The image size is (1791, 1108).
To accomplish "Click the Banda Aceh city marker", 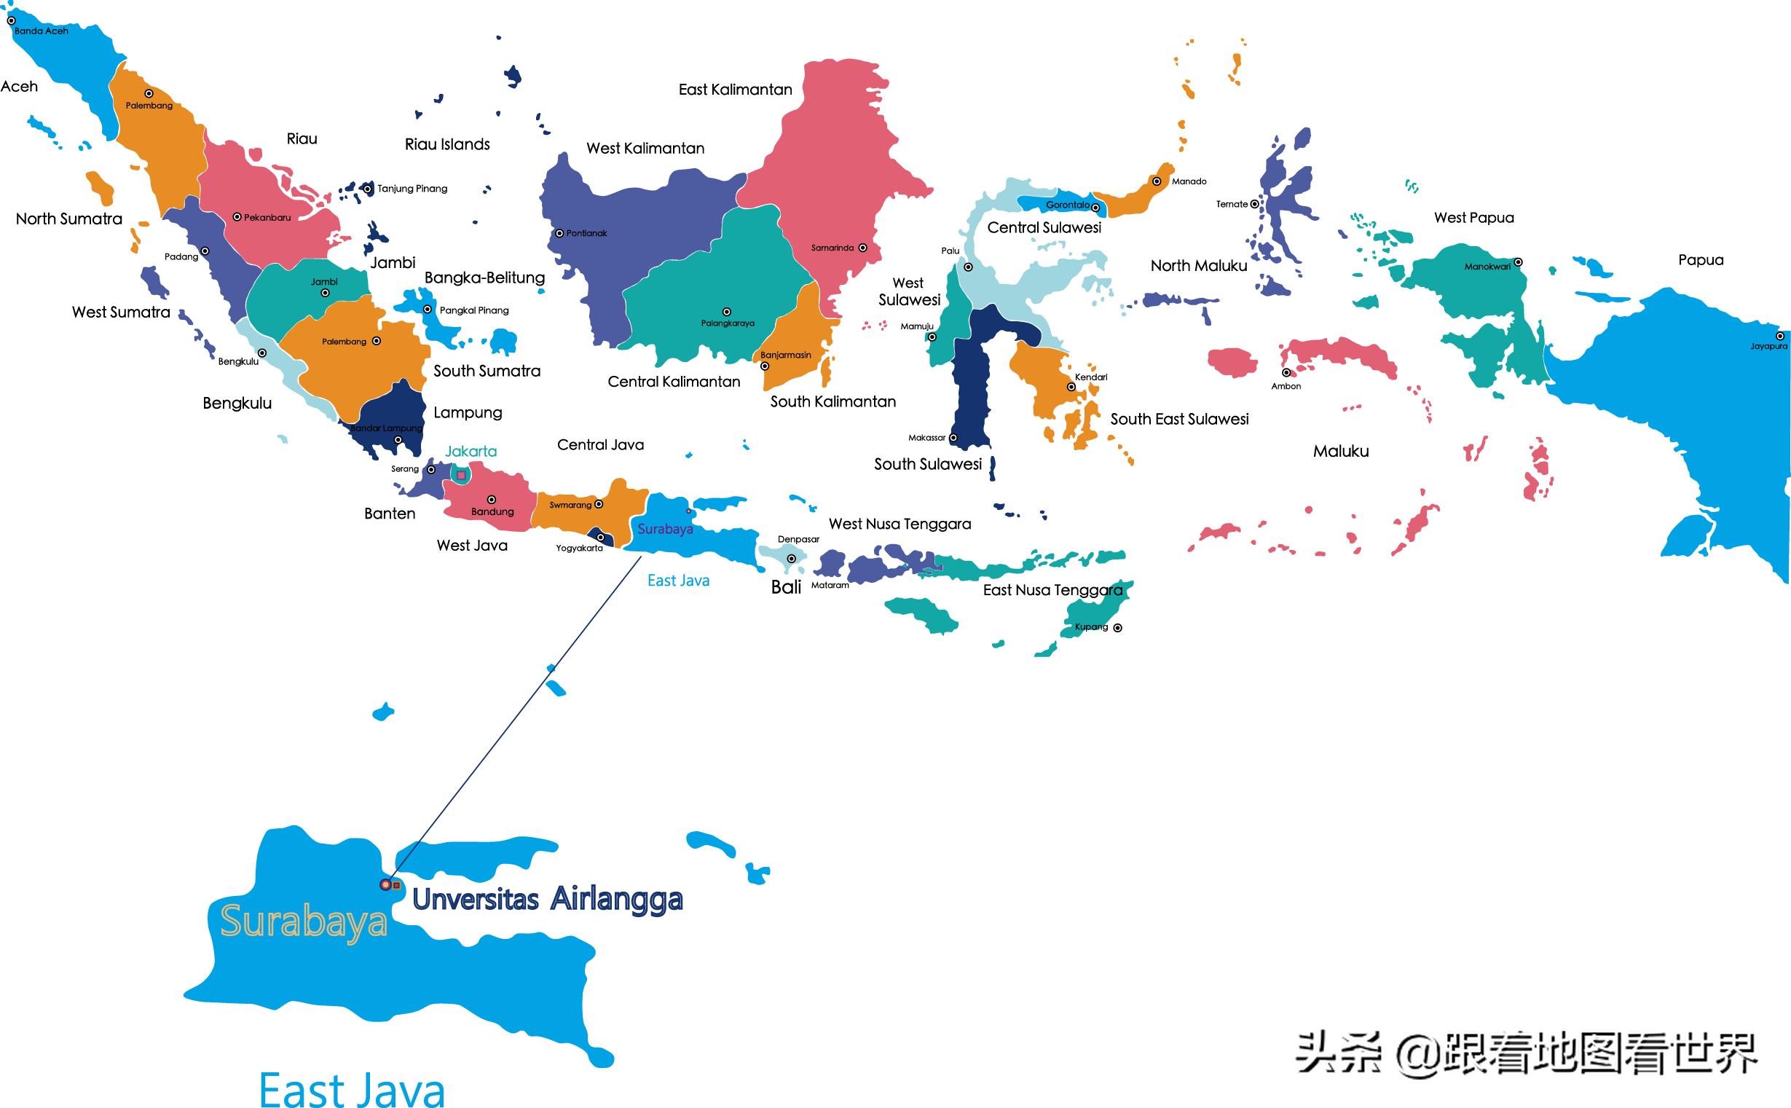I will (11, 20).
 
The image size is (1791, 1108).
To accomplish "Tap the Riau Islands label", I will (446, 144).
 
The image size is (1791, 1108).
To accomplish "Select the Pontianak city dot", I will (559, 234).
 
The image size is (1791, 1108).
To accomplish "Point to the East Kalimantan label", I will (735, 90).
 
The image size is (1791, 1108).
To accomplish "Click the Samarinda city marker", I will (862, 248).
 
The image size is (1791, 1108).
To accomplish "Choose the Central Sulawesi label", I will (1044, 227).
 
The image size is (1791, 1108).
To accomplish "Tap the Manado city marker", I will (1157, 181).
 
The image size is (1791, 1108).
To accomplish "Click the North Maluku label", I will (1198, 265).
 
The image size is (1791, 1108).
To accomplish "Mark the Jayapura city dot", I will (1780, 337).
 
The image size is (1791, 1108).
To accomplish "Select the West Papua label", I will (1473, 218).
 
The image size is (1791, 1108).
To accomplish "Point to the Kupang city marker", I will (1117, 627).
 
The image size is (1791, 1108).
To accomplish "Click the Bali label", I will (786, 587).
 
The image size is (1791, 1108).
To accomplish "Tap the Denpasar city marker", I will (791, 559).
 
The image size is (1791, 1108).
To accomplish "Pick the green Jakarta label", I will (471, 452).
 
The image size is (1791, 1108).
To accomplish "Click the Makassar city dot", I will (953, 438).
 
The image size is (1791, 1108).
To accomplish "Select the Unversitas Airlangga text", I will (547, 899).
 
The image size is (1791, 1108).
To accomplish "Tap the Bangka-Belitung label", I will (484, 278).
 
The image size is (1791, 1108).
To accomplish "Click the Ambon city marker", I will (1286, 373).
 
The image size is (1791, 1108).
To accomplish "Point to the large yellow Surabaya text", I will (303, 922).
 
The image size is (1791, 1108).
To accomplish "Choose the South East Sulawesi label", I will (1178, 419).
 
